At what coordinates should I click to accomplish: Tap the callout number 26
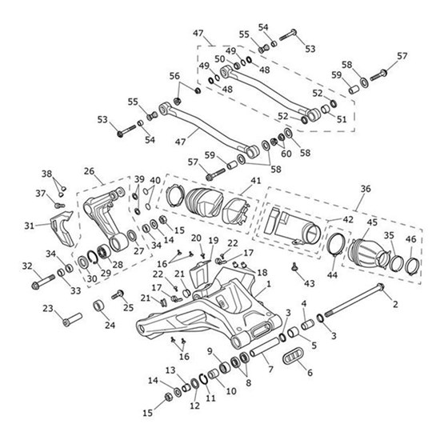[88, 170]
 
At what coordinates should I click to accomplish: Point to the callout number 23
[48, 309]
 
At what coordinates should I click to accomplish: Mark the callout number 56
[174, 75]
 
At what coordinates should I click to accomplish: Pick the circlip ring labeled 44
[337, 250]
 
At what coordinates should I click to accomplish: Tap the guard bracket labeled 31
[63, 228]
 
